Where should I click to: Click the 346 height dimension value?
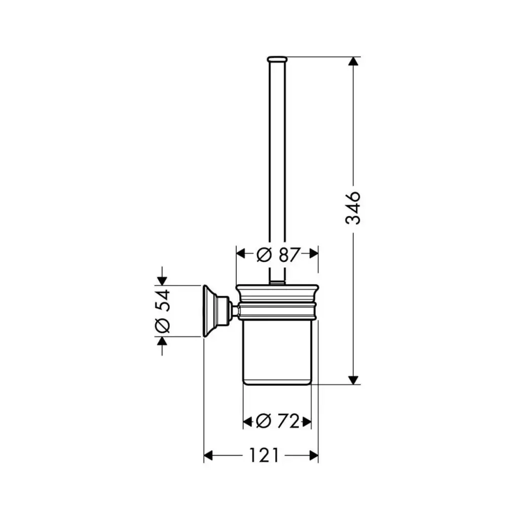pos(353,208)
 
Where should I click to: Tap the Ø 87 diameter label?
pos(278,254)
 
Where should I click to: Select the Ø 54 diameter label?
pos(163,311)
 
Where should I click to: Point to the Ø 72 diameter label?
pos(277,421)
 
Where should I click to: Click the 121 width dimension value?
pos(264,456)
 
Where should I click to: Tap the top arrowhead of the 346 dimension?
pos(353,61)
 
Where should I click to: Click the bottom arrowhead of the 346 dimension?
pos(353,380)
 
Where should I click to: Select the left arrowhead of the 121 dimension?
pos(208,456)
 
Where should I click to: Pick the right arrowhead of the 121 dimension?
pos(313,456)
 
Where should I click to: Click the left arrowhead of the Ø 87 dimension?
pos(240,254)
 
